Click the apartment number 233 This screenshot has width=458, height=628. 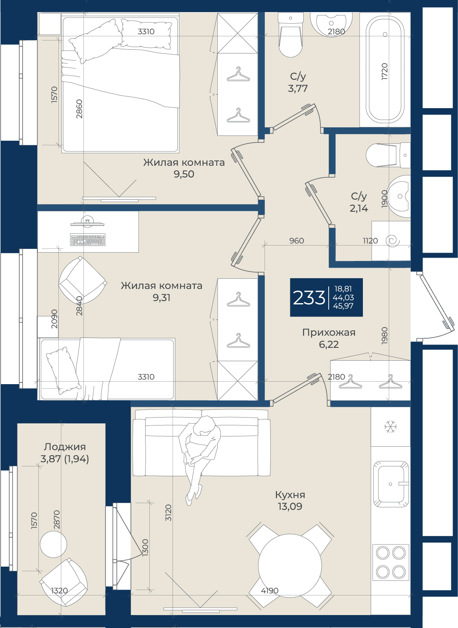coord(309,298)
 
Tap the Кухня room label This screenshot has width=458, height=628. coord(290,495)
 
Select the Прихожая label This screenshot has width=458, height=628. coord(329,332)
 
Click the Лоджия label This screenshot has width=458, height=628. coord(65,447)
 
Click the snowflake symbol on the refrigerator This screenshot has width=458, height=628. coord(391,426)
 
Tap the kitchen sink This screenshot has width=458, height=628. coord(391,484)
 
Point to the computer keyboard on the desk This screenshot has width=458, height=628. coord(88,240)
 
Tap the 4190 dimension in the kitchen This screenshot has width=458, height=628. coord(269,591)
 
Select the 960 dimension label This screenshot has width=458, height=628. coord(297,241)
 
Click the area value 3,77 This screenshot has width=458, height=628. coord(298,89)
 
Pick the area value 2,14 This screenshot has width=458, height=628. coord(359,208)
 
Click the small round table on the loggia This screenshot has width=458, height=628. coord(53,544)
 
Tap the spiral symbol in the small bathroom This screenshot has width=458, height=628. coord(393,241)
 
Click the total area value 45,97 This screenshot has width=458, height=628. coord(343,306)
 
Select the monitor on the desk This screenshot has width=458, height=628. coord(87,221)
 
